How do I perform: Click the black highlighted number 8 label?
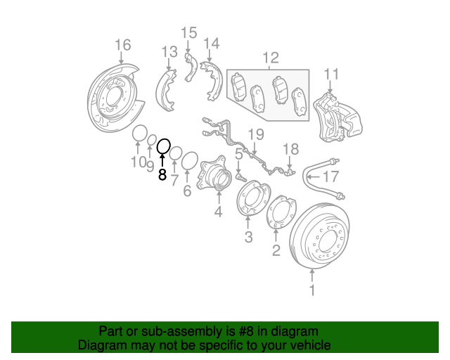162,175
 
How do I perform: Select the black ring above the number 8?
163,146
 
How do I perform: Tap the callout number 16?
122,46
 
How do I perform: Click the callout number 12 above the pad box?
271,58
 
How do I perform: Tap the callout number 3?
248,238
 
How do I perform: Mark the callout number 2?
276,250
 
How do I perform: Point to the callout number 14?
212,44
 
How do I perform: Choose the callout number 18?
290,149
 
